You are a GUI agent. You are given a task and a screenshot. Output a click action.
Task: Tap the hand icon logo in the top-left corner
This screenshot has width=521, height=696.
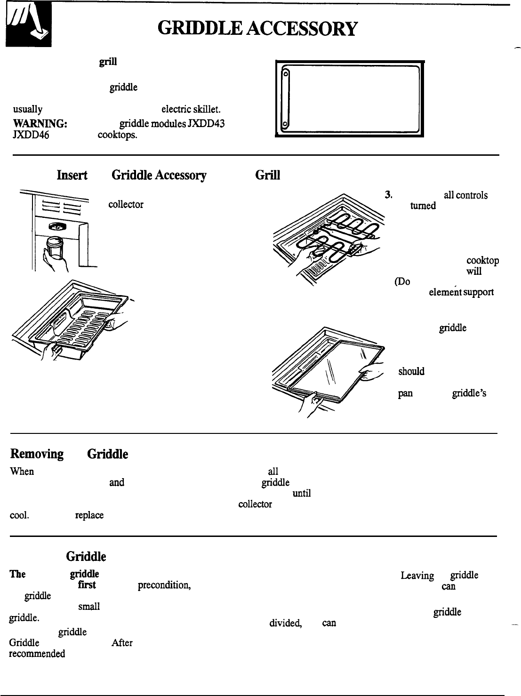tap(28, 30)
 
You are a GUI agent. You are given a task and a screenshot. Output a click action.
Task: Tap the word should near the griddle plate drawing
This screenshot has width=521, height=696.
tap(412, 371)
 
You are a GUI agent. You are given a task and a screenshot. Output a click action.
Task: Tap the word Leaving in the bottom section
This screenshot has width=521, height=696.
tap(417, 576)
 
